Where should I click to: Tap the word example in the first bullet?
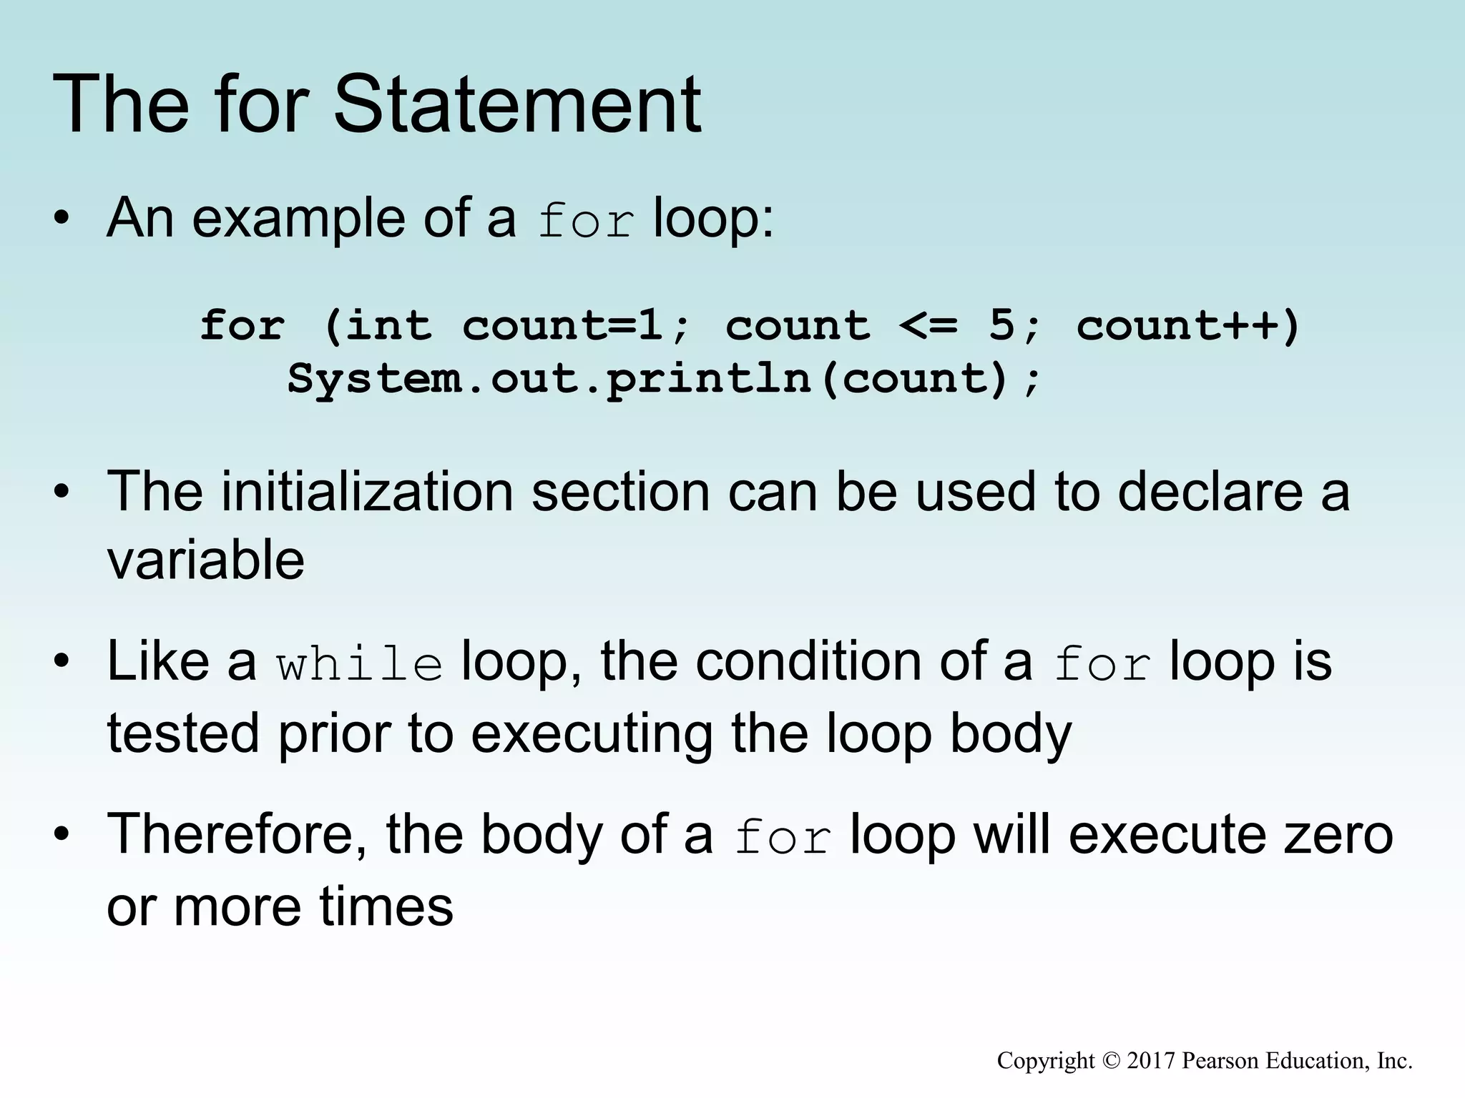pyautogui.click(x=298, y=219)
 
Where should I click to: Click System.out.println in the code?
pyautogui.click(x=549, y=377)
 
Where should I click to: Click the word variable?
pyautogui.click(x=206, y=559)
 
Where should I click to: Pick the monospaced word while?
pyautogui.click(x=360, y=663)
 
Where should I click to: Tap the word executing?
pyautogui.click(x=592, y=734)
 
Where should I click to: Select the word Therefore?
pyautogui.click(x=237, y=834)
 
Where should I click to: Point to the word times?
pyautogui.click(x=386, y=906)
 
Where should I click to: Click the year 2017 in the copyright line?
pyautogui.click(x=1151, y=1060)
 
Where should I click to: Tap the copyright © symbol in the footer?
pyautogui.click(x=1110, y=1060)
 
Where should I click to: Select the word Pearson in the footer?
pyautogui.click(x=1220, y=1060)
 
